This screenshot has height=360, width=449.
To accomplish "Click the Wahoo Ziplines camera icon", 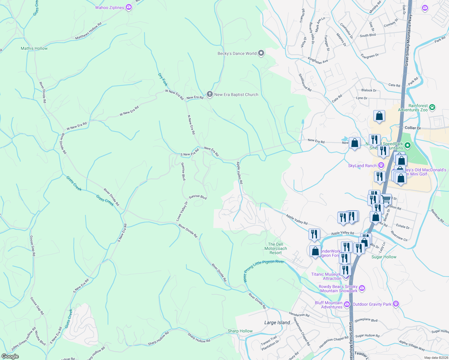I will [x=129, y=7].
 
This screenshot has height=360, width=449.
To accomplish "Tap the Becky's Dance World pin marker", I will [x=261, y=53].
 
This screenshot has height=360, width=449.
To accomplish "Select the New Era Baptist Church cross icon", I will [x=209, y=94].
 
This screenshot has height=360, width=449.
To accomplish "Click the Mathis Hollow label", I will [x=34, y=48].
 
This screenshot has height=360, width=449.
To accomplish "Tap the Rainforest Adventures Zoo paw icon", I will [x=432, y=107].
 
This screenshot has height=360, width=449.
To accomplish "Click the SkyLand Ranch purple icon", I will [x=381, y=165].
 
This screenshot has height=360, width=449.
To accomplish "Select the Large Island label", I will [x=277, y=322].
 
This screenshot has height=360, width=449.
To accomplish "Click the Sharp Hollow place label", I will [x=240, y=331].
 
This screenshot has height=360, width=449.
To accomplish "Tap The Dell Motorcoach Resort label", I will [x=276, y=248].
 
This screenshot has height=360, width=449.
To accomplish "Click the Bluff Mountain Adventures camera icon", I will [x=347, y=304].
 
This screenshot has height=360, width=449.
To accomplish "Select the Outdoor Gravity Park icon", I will [x=396, y=304].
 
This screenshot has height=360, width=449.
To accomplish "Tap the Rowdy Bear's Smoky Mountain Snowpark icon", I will [x=362, y=288].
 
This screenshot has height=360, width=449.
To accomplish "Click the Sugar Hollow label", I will [x=384, y=257].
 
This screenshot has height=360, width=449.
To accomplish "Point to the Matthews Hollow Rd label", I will [x=88, y=31].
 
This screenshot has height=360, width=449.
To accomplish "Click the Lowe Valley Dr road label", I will [x=182, y=211].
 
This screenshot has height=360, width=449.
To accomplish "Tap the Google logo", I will [x=10, y=356].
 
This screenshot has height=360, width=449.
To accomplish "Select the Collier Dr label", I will [x=413, y=128].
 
